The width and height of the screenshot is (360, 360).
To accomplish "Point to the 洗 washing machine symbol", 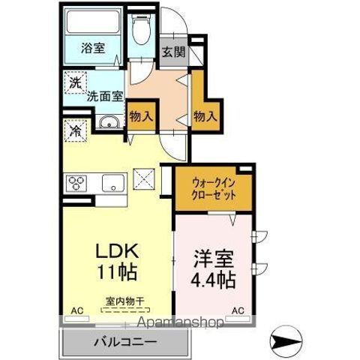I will click(x=75, y=82).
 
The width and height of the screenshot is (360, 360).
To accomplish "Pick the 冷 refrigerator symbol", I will click(x=75, y=130).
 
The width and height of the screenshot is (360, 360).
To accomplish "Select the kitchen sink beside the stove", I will click(x=113, y=181).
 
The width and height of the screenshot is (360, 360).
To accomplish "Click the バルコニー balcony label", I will click(x=125, y=342).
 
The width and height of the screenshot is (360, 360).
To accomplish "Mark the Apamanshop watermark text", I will click(x=181, y=323).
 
